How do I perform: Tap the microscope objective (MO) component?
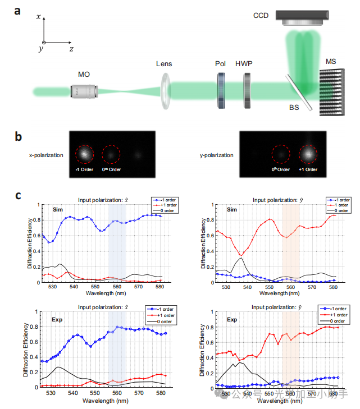tap(83, 90)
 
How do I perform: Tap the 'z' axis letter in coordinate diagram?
tap(71, 49)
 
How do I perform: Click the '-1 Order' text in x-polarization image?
tap(83, 169)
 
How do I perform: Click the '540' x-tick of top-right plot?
tap(248, 287)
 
